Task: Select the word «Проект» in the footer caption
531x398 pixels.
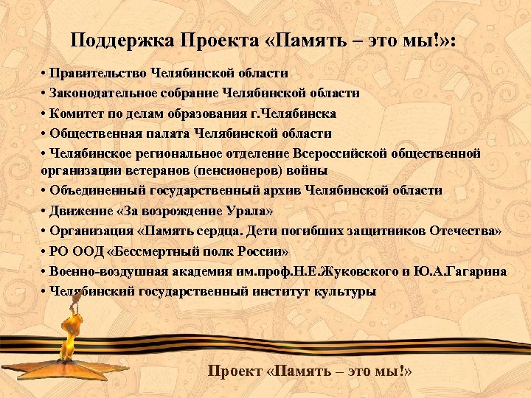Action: (x=237, y=370)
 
